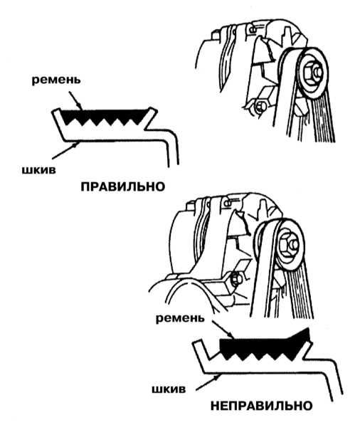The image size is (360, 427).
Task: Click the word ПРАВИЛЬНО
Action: [123, 186]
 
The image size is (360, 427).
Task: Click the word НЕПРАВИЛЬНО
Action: [262, 406]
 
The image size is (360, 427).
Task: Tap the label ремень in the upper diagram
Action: [56, 80]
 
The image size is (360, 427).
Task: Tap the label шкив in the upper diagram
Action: [38, 170]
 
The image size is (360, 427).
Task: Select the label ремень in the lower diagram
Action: [180, 318]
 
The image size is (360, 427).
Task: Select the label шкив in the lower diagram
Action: [169, 389]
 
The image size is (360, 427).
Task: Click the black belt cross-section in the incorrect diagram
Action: [264, 345]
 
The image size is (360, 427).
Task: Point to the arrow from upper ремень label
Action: [75, 100]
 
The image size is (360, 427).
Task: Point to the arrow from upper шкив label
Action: [65, 151]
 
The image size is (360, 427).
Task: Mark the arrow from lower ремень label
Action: [223, 330]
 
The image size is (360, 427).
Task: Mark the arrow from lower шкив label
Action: [208, 382]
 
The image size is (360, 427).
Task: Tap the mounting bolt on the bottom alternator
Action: [235, 280]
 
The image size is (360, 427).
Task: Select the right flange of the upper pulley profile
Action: [150, 117]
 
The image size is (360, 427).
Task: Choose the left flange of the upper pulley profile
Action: [58, 122]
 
